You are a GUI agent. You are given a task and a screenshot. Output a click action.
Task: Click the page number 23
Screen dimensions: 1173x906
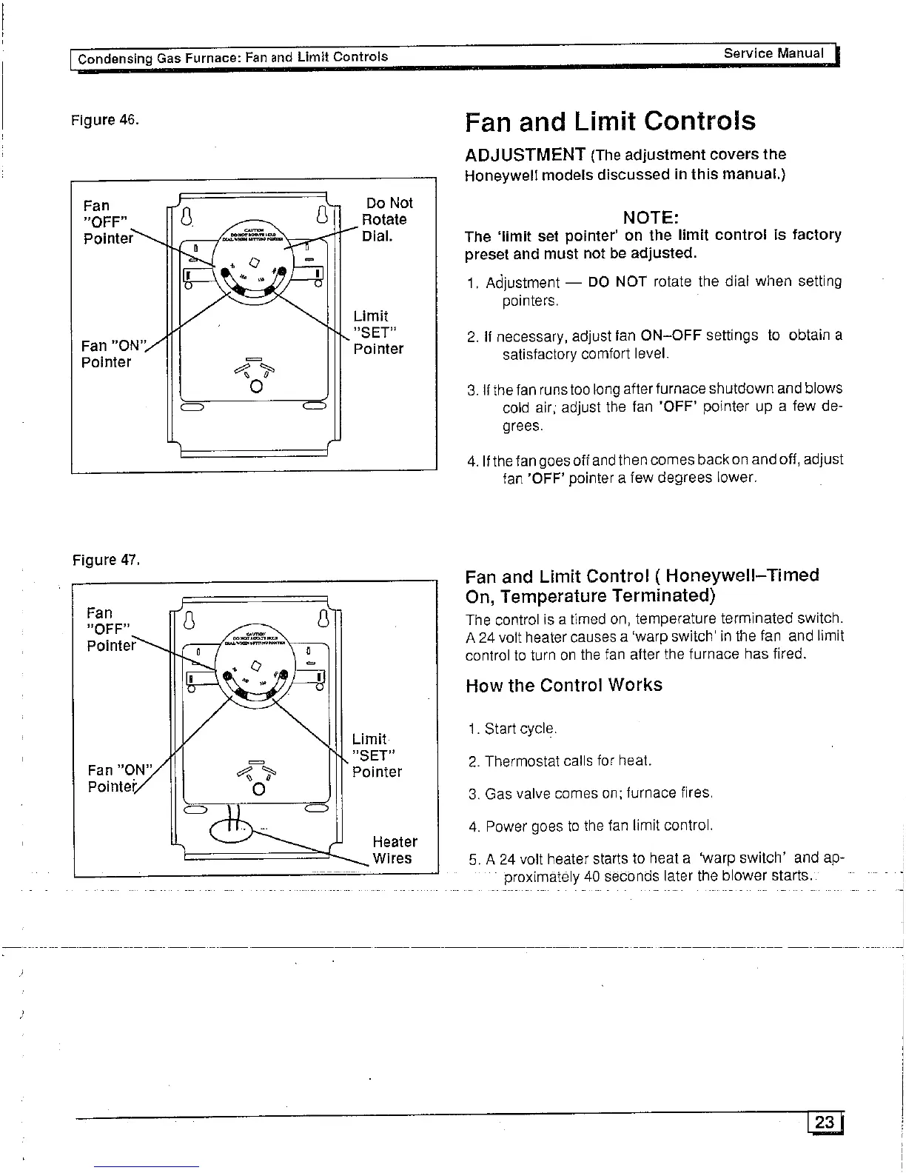tap(824, 1123)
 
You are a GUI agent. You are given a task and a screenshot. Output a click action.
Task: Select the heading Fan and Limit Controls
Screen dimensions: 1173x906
tap(611, 121)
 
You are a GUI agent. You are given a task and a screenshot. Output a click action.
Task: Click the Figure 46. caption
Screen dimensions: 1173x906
tap(104, 120)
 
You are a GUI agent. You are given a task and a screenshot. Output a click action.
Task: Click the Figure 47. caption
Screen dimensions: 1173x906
tap(104, 560)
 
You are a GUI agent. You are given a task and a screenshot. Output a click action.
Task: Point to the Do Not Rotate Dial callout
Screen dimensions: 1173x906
tap(386, 219)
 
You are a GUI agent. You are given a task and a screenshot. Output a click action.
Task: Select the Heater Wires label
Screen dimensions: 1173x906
tap(395, 850)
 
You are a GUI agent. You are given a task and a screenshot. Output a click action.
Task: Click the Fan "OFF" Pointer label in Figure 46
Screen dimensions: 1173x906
tap(108, 221)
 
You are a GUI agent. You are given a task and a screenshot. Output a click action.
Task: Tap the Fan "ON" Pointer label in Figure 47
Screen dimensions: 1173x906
tap(118, 778)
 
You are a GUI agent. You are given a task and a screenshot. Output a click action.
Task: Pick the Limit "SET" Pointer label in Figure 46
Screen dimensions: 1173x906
tap(377, 332)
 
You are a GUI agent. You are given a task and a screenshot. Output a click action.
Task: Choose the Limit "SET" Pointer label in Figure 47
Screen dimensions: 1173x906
tap(377, 755)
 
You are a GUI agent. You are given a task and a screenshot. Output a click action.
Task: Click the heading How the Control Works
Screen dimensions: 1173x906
tap(564, 685)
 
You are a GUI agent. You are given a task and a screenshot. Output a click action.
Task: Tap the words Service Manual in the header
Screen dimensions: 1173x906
tap(773, 53)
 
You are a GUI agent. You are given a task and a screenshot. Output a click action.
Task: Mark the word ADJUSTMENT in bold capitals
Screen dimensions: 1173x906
tap(526, 154)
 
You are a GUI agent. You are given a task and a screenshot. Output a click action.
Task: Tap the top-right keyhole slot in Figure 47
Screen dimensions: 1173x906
tap(322, 618)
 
